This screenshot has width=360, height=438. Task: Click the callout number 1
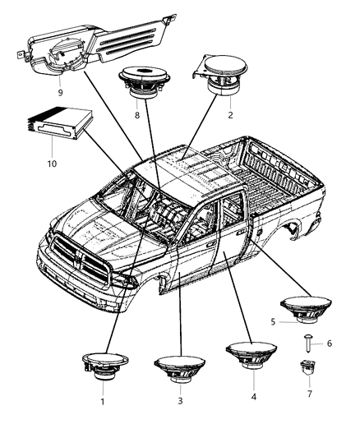(x=103, y=402)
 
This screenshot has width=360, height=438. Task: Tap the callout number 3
(x=181, y=401)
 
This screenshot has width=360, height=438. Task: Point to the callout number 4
(x=253, y=397)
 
